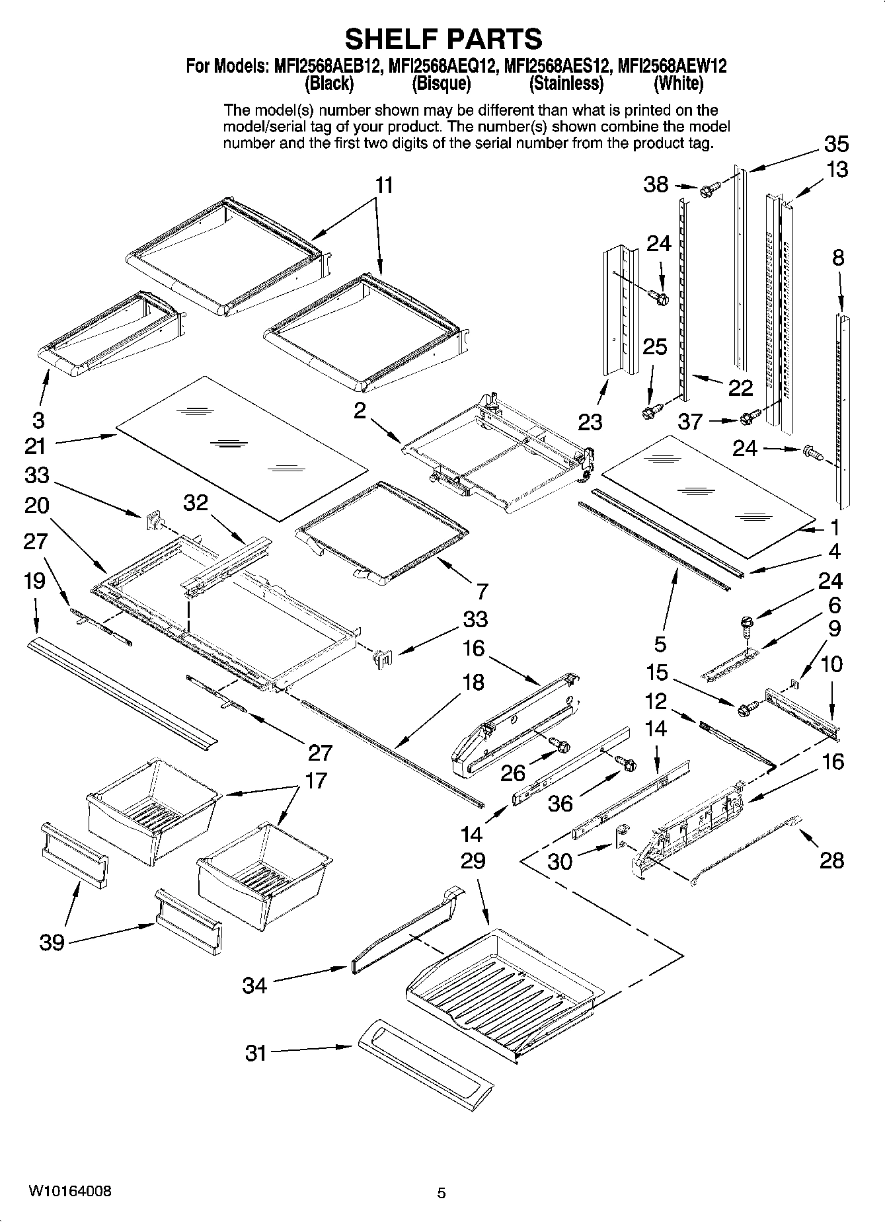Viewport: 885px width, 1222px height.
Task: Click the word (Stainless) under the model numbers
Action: pos(566,84)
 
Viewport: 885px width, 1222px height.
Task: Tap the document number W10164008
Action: pos(69,1191)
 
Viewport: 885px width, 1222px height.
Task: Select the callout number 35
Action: pos(835,144)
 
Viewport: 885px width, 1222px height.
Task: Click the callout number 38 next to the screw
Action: pos(656,184)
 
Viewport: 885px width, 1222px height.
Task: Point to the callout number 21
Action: pos(35,446)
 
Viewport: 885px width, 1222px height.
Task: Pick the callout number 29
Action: pos(473,860)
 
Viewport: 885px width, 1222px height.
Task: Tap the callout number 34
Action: pos(254,985)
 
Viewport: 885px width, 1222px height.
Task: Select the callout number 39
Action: pos(52,942)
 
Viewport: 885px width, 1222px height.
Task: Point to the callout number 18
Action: pos(473,682)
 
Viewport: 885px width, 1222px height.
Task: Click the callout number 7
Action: pos(482,590)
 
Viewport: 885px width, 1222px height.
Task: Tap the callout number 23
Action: pos(590,421)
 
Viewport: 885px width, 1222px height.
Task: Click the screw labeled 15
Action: pos(744,708)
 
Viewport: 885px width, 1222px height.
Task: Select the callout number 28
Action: pos(831,860)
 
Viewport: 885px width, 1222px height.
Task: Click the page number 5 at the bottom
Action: pos(442,1193)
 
